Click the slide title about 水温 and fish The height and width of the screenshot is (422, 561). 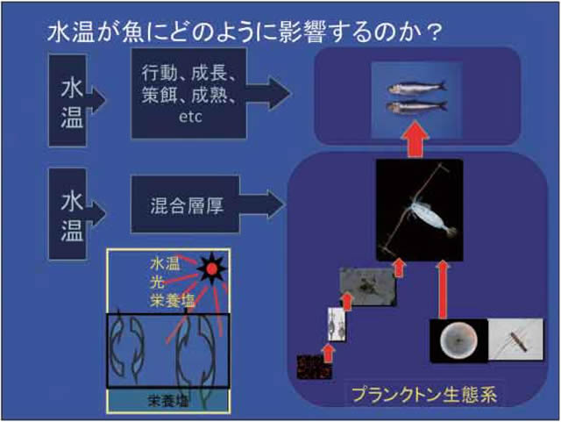tap(245, 32)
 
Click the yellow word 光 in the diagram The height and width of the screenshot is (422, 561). tap(154, 282)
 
